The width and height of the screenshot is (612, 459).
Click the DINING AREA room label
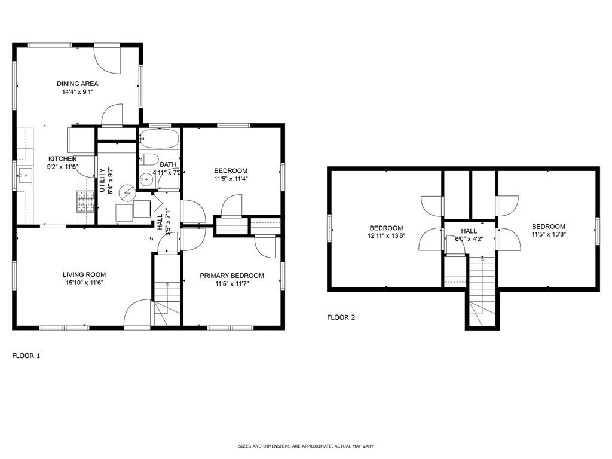click(77, 84)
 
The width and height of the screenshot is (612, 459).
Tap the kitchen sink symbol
click(25, 175)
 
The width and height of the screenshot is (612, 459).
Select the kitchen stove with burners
click(85, 201)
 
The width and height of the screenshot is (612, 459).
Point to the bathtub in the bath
click(159, 140)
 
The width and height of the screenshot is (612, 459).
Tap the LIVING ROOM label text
click(84, 275)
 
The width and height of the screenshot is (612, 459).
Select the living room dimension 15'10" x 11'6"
click(84, 283)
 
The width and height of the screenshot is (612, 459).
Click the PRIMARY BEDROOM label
click(231, 276)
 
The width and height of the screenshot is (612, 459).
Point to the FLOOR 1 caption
click(26, 356)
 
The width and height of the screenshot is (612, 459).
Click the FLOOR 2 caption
click(341, 317)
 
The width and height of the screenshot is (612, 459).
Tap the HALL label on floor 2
click(469, 231)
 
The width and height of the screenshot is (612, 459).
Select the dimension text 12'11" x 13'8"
click(386, 235)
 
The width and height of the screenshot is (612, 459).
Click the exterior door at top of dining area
click(108, 58)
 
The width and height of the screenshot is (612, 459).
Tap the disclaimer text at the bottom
click(306, 446)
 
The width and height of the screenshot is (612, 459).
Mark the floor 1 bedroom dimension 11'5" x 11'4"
click(231, 178)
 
